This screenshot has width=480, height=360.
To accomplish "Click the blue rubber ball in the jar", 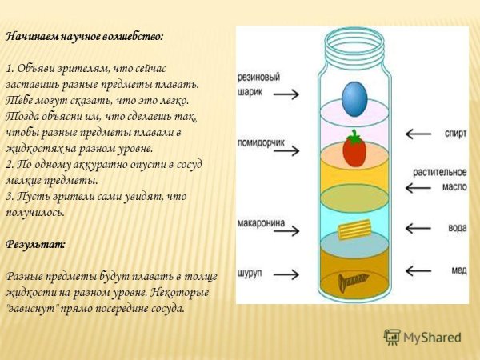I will click(353, 100).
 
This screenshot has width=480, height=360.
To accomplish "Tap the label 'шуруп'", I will click(250, 274).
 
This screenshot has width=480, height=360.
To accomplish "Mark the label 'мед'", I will click(458, 271).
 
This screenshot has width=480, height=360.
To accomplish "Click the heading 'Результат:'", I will click(35, 242).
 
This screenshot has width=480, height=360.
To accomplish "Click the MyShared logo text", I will click(431, 337).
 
